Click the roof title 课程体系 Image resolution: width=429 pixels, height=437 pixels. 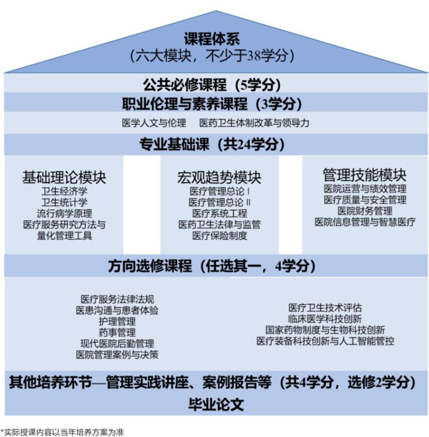(x=212, y=39)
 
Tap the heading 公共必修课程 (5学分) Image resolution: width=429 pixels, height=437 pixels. (x=212, y=85)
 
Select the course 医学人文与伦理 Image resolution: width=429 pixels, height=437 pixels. (x=154, y=123)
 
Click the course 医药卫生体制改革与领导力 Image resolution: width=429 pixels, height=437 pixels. (x=255, y=123)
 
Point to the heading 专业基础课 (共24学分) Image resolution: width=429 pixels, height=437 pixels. (x=212, y=144)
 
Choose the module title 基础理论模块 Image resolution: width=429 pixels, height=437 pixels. (x=64, y=177)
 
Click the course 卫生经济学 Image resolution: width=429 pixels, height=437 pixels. (x=64, y=191)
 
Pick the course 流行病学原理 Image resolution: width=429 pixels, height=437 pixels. (x=64, y=214)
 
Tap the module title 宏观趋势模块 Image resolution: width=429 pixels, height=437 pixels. (x=219, y=177)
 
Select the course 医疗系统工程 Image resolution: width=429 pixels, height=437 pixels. (x=219, y=214)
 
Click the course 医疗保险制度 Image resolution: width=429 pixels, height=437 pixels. (x=219, y=236)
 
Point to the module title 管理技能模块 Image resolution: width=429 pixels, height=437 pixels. (x=365, y=175)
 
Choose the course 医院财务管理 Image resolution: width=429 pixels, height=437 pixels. (x=365, y=211)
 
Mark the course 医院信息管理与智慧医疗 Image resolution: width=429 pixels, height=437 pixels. (x=365, y=222)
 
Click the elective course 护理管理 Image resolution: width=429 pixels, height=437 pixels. (x=117, y=321)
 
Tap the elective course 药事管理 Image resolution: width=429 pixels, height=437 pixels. (x=117, y=333)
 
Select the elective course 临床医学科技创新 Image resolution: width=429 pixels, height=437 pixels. (x=325, y=319)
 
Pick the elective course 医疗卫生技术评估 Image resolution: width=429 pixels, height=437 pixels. (x=325, y=308)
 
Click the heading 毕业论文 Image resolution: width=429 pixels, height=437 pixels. (x=216, y=404)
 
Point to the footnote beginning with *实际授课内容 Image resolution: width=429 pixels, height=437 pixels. (x=62, y=432)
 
